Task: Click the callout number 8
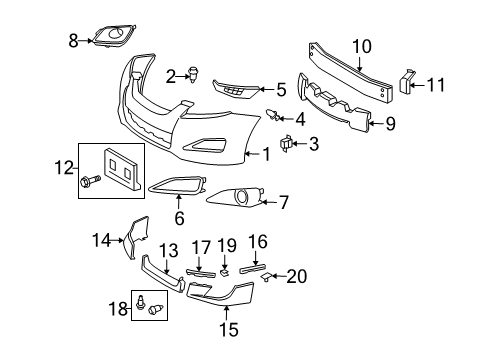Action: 73,41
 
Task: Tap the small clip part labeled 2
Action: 192,74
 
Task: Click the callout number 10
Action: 362,46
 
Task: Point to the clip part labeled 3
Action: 286,144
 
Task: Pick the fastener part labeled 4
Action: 273,115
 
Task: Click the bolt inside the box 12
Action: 90,182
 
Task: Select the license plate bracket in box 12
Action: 121,169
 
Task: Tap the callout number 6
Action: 179,218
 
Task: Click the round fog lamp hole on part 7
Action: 241,196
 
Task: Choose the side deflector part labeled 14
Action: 136,237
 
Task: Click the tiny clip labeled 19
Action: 224,273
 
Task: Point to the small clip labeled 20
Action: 266,276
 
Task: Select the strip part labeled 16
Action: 253,267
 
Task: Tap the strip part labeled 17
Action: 201,273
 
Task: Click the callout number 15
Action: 229,329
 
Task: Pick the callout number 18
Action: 118,309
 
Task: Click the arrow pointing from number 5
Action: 266,89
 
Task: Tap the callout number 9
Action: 390,124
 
